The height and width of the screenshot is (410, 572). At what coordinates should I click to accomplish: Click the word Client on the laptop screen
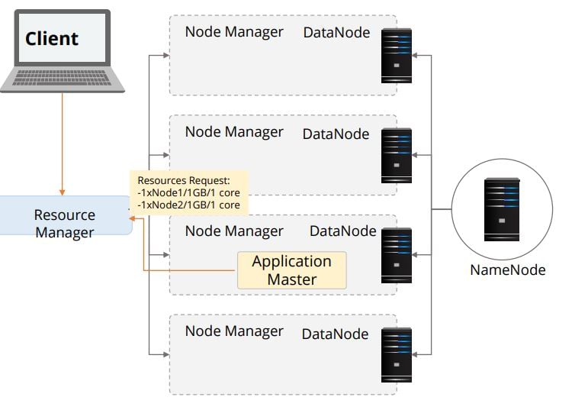click(52, 38)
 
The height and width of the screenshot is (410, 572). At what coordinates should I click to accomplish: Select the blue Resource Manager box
click(65, 224)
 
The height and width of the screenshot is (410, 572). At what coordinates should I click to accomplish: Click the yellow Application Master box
click(291, 270)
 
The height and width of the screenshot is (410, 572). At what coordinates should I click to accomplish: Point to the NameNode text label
click(507, 270)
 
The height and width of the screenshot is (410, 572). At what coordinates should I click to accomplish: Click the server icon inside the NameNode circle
click(501, 205)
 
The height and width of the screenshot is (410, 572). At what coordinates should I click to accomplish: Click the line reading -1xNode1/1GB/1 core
click(188, 193)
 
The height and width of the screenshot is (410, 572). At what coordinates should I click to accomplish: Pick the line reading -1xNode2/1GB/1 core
click(188, 205)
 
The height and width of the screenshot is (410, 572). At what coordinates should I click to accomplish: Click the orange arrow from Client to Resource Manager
click(63, 145)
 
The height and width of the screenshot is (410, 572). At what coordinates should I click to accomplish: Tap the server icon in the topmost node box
click(396, 54)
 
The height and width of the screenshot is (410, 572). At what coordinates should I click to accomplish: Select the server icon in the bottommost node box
click(396, 355)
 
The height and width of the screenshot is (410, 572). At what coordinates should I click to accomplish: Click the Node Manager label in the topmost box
click(233, 32)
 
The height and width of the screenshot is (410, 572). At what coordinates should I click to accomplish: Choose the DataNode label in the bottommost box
click(335, 334)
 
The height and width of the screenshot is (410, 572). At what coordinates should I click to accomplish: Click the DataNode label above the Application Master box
click(342, 231)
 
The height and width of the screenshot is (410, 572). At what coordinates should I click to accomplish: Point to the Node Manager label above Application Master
click(233, 231)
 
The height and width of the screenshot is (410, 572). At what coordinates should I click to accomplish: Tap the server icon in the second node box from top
click(396, 156)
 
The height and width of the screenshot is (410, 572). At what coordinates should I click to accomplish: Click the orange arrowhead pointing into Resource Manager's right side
click(133, 219)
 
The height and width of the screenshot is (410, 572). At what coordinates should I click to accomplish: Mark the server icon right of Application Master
click(396, 255)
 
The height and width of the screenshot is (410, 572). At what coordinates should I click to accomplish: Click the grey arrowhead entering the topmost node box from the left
click(165, 55)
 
